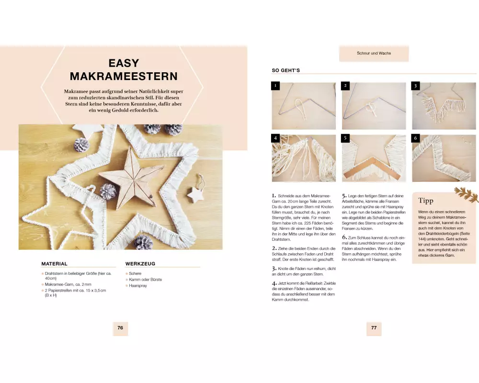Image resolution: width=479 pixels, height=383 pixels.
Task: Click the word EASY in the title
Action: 124,63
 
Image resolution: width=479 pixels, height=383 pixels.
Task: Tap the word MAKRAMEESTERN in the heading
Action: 124,76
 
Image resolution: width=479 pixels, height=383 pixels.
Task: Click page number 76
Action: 120,328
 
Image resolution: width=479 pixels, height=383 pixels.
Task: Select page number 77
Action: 374,328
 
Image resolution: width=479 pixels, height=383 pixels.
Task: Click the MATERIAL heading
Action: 55,264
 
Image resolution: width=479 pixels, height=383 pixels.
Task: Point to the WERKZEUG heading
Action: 140,264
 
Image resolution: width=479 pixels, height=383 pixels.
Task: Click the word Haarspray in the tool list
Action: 138,285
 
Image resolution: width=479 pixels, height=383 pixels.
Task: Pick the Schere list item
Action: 135,273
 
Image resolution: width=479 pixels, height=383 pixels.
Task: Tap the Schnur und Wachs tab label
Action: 374,53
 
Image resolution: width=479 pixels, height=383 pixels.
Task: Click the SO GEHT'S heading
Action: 286,70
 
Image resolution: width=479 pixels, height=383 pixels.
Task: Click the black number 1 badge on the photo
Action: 275,86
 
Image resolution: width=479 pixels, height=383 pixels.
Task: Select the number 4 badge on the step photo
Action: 275,138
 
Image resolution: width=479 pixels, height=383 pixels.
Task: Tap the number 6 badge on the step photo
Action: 415,138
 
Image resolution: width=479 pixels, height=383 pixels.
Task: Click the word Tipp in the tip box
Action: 425,201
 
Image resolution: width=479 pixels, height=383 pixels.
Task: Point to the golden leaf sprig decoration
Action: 466,194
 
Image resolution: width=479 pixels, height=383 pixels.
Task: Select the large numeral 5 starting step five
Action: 344,196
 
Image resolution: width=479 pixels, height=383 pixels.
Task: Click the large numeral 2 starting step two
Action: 274,248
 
